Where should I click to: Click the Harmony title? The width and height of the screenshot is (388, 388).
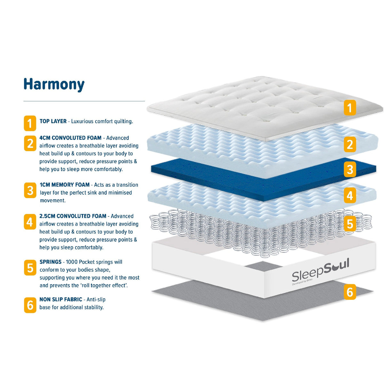[x=54, y=85]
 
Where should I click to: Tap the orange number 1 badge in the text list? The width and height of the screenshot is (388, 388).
[x=30, y=123]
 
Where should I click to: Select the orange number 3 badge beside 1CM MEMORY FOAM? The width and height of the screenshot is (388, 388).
[x=30, y=190]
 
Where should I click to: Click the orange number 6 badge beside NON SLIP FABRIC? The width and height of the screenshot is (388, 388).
[x=30, y=305]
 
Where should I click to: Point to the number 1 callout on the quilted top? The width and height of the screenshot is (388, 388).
[x=350, y=108]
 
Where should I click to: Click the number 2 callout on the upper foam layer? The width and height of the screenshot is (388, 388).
[x=350, y=144]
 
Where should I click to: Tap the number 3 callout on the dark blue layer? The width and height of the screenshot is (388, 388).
[x=350, y=170]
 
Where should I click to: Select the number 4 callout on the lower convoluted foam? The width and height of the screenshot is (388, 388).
[x=350, y=195]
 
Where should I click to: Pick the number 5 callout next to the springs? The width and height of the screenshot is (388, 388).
[x=350, y=224]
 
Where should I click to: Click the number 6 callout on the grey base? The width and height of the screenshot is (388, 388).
[x=350, y=292]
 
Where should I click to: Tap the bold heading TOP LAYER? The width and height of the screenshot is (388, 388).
[x=53, y=121]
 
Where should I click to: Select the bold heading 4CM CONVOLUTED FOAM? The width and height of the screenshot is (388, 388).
[x=70, y=138]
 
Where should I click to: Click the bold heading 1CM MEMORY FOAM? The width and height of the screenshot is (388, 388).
[x=65, y=185]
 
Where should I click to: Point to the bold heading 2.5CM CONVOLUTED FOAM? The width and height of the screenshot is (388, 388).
[x=73, y=216]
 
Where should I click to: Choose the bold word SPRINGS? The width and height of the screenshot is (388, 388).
[x=50, y=262]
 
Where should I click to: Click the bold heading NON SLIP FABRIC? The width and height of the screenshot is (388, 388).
[x=61, y=299]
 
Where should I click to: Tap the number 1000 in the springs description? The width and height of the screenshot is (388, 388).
[x=72, y=262]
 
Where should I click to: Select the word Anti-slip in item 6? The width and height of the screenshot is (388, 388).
[x=96, y=299]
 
